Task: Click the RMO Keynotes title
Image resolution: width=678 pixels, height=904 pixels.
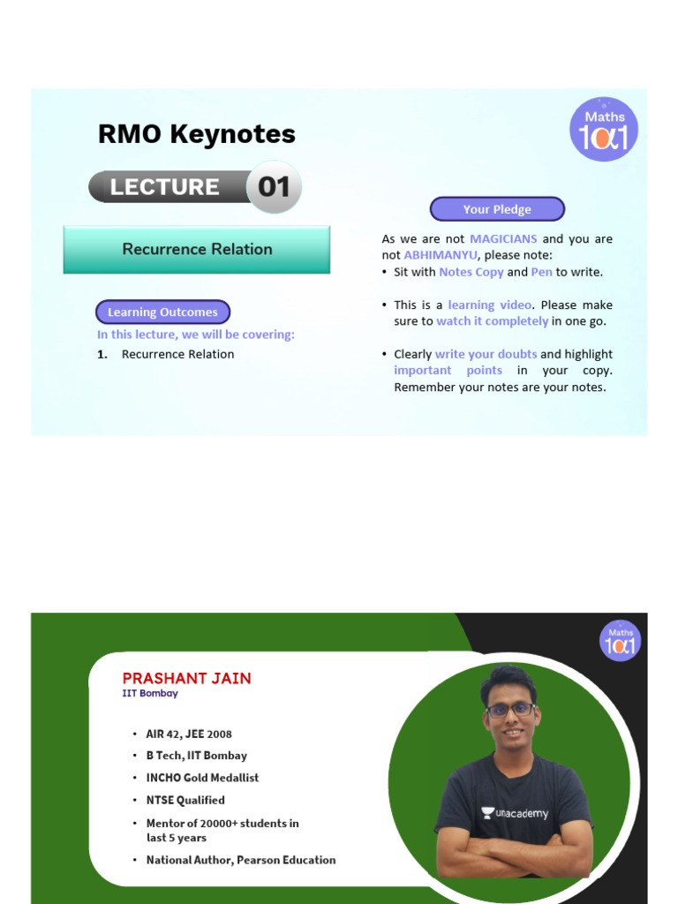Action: (196, 134)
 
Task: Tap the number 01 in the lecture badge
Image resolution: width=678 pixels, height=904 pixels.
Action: (274, 187)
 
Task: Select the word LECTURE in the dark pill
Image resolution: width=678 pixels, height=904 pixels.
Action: (164, 187)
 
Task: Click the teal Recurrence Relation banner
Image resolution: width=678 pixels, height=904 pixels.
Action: (197, 249)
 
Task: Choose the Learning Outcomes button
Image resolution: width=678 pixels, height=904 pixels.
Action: (162, 313)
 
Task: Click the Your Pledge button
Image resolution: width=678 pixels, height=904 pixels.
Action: (497, 209)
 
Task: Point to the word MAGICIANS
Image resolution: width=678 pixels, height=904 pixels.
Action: (503, 239)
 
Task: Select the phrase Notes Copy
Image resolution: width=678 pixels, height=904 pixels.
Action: (471, 272)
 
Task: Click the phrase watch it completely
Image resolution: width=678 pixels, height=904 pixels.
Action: (492, 321)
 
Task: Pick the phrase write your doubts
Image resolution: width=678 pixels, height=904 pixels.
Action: (486, 354)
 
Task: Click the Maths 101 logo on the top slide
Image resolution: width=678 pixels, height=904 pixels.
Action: (603, 130)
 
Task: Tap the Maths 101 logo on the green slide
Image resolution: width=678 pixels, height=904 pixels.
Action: (620, 640)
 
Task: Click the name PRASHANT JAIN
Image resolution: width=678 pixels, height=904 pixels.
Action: (186, 678)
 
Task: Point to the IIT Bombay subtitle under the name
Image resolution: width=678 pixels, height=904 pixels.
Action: (150, 694)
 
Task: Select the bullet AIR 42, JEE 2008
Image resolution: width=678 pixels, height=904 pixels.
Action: (189, 734)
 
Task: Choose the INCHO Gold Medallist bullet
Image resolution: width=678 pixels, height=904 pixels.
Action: (202, 778)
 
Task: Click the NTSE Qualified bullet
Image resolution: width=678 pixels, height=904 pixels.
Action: (185, 800)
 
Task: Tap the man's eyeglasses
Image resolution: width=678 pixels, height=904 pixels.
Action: (510, 709)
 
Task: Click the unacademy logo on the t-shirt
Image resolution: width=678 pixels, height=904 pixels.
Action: (515, 813)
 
